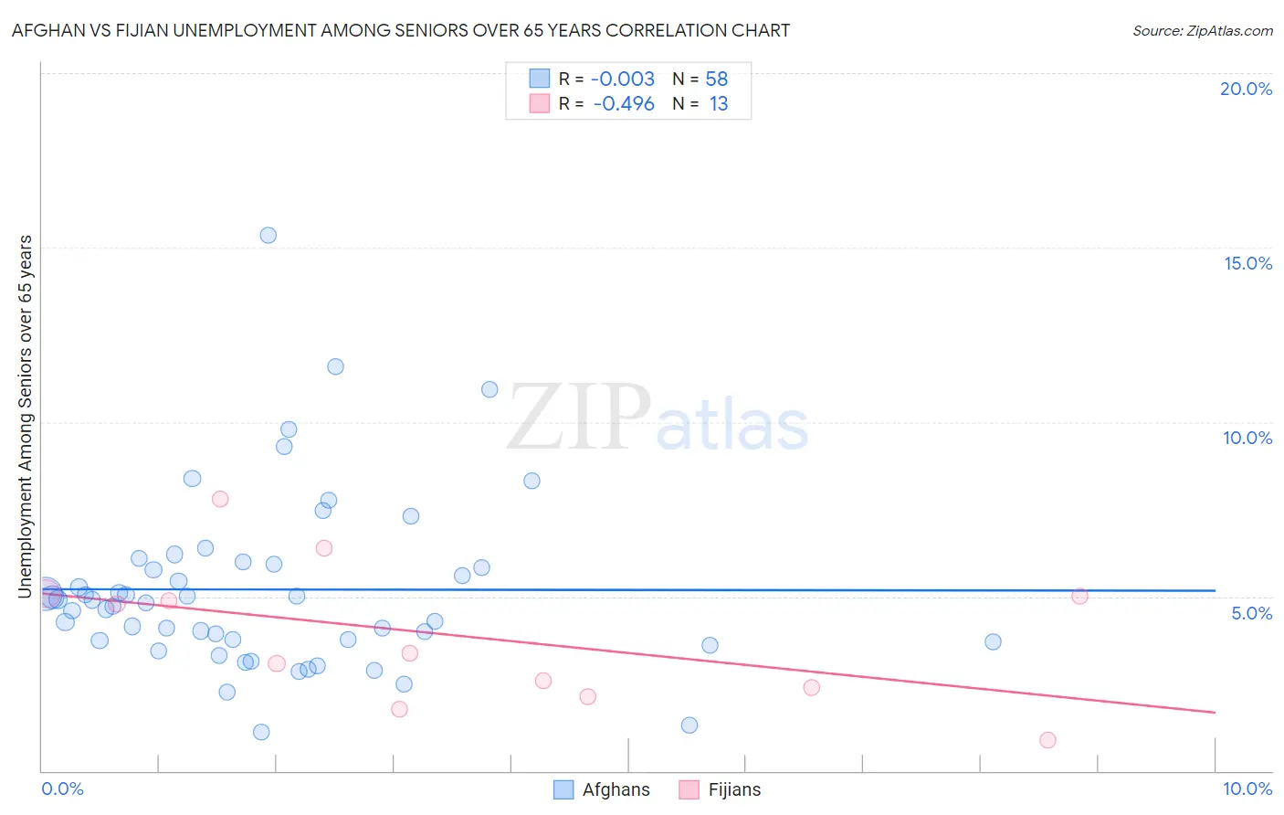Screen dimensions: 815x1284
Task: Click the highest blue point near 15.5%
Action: (268, 235)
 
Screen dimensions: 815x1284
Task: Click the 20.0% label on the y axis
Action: (1246, 89)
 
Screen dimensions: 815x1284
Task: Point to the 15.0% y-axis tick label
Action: (1247, 263)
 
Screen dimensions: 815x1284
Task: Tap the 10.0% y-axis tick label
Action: (1247, 438)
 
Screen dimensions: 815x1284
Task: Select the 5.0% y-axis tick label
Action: (1251, 613)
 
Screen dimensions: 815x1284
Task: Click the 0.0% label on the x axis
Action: (62, 789)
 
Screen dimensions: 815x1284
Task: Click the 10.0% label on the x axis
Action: (1247, 789)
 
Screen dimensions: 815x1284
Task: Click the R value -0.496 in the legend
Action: (624, 104)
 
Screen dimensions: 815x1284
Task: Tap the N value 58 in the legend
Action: (717, 79)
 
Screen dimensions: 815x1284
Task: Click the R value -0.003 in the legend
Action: (623, 79)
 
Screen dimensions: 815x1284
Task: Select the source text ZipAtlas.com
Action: (1202, 31)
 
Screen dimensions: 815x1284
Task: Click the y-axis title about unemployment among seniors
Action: (26, 417)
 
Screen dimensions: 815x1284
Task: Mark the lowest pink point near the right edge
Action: (1047, 740)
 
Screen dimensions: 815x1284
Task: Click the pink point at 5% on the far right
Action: (1079, 596)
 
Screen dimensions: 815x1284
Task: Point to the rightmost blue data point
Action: (993, 641)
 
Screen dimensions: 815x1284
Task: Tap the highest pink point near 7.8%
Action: (220, 499)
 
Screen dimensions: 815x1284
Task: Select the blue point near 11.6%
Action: (335, 366)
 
